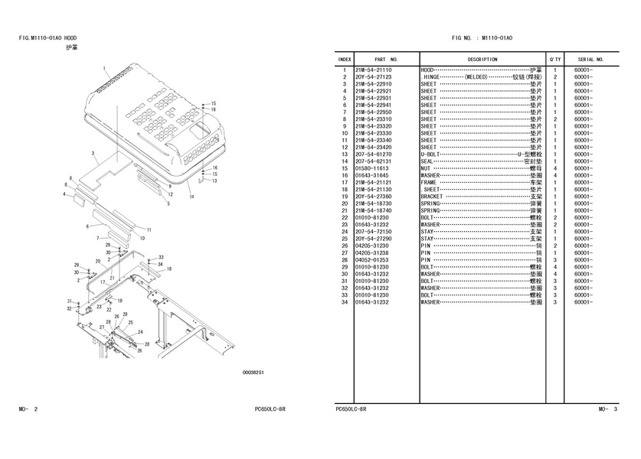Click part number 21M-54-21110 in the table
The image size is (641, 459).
click(x=373, y=70)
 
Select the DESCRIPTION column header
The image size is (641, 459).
click(x=482, y=59)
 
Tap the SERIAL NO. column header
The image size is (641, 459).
click(x=590, y=59)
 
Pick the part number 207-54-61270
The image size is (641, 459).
click(x=373, y=154)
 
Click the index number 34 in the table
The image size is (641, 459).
click(x=345, y=302)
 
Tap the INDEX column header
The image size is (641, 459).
click(x=345, y=59)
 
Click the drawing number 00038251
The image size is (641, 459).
click(x=253, y=373)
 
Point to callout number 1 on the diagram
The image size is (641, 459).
click(x=104, y=69)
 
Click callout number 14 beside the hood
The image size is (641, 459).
click(x=192, y=197)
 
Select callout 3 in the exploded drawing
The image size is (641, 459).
click(x=92, y=154)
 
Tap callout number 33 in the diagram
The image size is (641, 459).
click(x=161, y=257)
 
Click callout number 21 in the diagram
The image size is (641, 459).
click(x=112, y=278)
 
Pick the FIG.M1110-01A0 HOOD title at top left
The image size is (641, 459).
click(x=47, y=37)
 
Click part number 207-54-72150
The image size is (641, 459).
click(x=373, y=231)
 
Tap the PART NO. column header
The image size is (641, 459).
click(x=385, y=59)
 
